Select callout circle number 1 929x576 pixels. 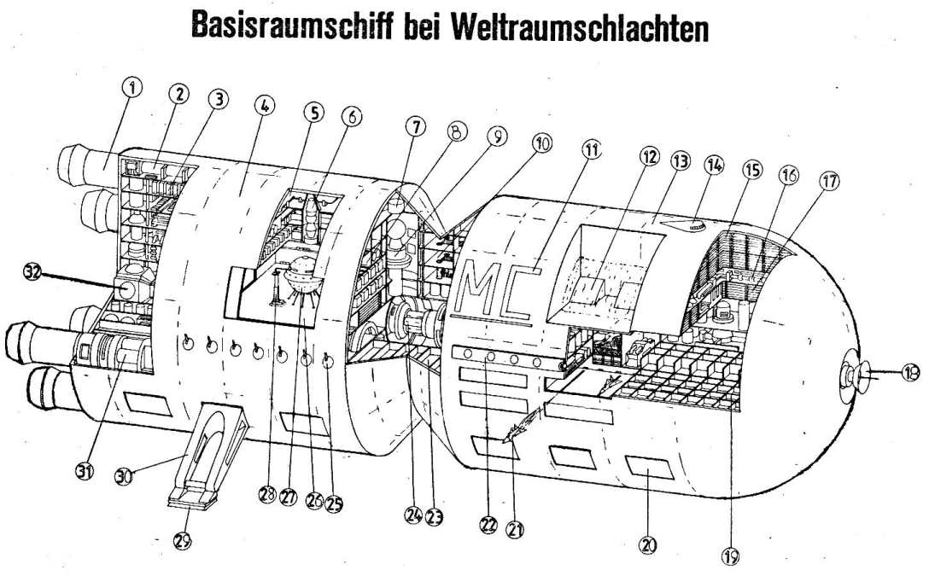click(132, 88)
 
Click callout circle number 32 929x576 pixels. click(33, 272)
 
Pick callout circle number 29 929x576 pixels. click(183, 540)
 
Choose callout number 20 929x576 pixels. click(649, 544)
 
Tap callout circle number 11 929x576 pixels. click(590, 149)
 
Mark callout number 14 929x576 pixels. click(714, 166)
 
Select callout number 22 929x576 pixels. click(488, 525)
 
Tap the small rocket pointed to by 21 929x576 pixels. click(521, 426)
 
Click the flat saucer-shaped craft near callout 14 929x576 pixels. click(681, 225)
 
